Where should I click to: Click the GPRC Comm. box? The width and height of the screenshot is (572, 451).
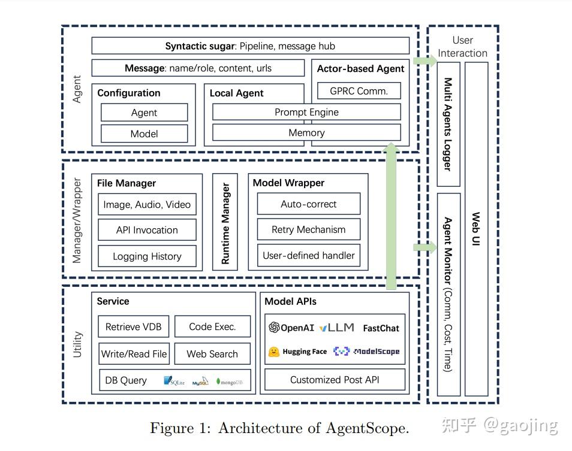(x=359, y=90)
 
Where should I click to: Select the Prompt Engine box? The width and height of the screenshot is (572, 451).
(x=306, y=112)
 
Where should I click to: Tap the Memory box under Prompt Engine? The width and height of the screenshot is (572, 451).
(x=306, y=132)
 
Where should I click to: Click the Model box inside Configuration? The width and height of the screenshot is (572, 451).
(x=144, y=134)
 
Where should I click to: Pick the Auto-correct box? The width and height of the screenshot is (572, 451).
(x=309, y=204)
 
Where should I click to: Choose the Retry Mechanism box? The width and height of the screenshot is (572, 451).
(x=309, y=229)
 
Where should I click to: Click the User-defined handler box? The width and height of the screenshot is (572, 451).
(x=309, y=255)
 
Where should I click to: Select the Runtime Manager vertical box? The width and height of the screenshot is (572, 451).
(x=225, y=222)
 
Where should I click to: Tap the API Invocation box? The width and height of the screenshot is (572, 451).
(x=147, y=230)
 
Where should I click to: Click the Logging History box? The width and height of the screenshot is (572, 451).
(x=147, y=256)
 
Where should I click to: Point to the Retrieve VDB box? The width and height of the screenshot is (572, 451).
(x=134, y=326)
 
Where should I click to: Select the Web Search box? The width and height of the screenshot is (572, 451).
(x=212, y=354)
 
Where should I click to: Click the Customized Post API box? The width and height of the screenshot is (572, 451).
(x=335, y=380)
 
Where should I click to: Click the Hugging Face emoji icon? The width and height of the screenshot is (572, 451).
(x=274, y=352)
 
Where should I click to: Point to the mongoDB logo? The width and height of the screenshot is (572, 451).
(x=230, y=382)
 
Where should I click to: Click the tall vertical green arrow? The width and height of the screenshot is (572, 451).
(x=392, y=216)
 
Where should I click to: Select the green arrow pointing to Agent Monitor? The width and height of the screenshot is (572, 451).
(x=425, y=247)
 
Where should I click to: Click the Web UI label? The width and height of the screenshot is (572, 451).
(x=476, y=229)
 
